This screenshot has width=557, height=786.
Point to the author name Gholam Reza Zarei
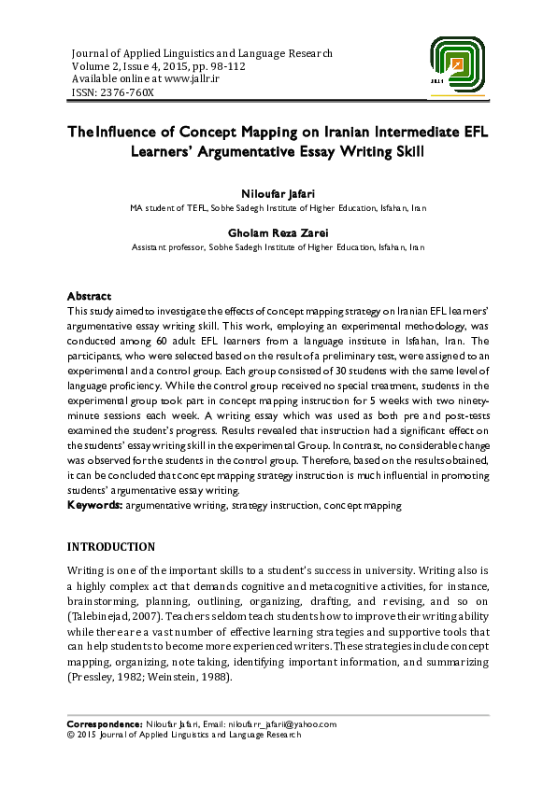click(278, 232)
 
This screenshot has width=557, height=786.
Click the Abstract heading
click(90, 296)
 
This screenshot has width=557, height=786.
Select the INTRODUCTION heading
click(111, 546)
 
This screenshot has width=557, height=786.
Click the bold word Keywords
click(95, 505)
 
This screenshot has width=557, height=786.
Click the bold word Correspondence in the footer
click(105, 724)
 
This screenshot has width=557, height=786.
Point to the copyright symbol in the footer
click(71, 735)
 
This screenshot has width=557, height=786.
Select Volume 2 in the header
click(95, 66)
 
